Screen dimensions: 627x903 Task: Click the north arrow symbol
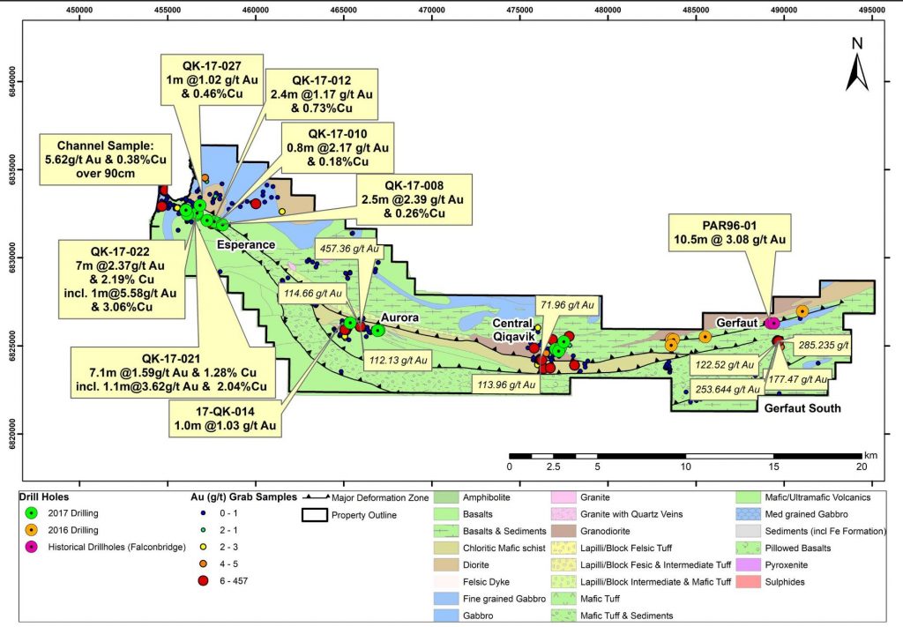pyautogui.click(x=856, y=65)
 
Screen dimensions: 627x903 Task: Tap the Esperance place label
pyautogui.click(x=247, y=244)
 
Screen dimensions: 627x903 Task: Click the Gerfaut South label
pyautogui.click(x=802, y=408)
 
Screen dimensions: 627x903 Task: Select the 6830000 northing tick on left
pyautogui.click(x=10, y=257)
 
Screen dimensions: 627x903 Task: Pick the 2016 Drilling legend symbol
pyautogui.click(x=33, y=529)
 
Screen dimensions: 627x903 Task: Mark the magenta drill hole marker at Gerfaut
pyautogui.click(x=772, y=323)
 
